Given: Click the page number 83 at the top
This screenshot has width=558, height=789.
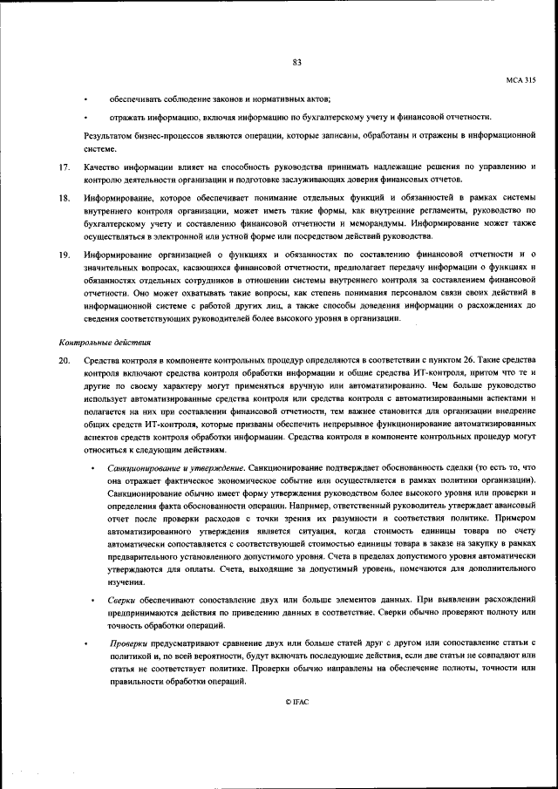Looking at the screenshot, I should [296, 61].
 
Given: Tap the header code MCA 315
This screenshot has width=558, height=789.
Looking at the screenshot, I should [521, 80].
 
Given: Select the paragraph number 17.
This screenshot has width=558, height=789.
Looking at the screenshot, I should [64, 167].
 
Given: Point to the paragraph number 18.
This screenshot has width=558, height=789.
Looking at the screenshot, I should [64, 201].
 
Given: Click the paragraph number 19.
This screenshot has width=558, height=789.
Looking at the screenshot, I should [64, 255].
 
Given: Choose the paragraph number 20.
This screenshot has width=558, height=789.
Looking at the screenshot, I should [64, 361].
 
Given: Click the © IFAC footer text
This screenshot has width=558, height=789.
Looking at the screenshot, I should [296, 701].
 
